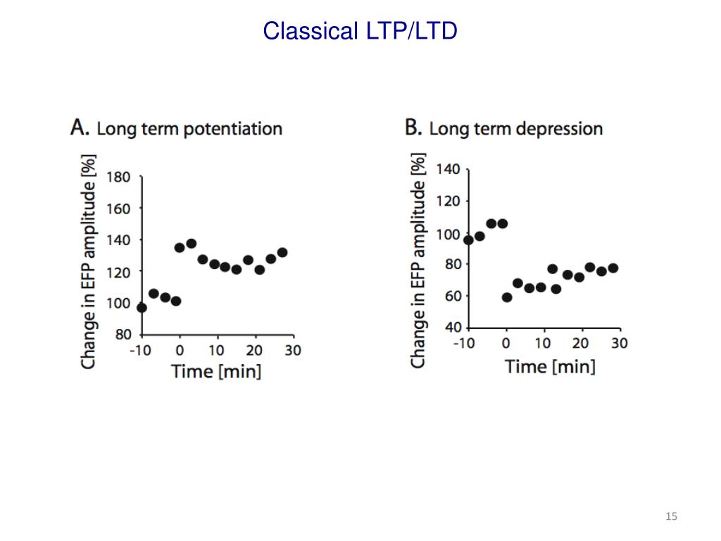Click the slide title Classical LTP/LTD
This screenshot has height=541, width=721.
click(x=360, y=31)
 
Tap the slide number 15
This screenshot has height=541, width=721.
click(x=671, y=517)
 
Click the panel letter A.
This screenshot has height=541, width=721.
click(x=80, y=128)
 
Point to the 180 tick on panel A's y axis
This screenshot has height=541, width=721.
click(x=118, y=177)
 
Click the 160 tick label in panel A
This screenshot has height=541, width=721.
click(x=118, y=209)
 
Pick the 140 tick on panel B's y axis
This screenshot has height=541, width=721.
click(x=449, y=169)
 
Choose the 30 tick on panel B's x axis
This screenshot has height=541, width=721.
click(x=619, y=343)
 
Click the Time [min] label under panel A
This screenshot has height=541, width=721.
click(x=216, y=371)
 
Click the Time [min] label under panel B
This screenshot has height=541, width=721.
click(x=550, y=366)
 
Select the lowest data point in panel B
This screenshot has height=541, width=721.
click(x=507, y=297)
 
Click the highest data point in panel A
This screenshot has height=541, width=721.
click(x=191, y=244)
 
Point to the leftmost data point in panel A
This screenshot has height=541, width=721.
click(x=142, y=307)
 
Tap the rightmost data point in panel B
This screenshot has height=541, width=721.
click(x=613, y=268)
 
